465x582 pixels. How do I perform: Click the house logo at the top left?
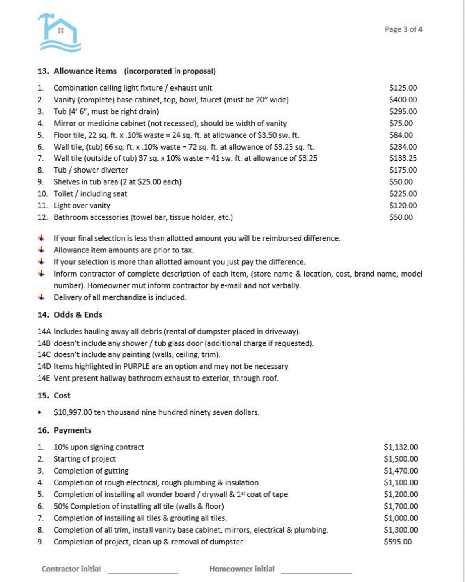tap(59, 33)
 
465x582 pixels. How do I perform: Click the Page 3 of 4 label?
tap(403, 29)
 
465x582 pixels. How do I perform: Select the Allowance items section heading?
tap(85, 71)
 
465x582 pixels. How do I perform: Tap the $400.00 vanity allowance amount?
tap(403, 100)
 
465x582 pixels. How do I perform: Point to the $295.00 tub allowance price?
tap(403, 111)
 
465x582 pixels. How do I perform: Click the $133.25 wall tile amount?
tap(403, 158)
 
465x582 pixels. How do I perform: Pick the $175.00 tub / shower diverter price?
tap(403, 170)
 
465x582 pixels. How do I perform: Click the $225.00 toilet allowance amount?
tap(403, 194)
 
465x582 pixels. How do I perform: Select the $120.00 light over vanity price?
tap(403, 206)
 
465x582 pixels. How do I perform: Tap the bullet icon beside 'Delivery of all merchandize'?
tap(41, 297)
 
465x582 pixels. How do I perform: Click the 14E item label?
tap(44, 378)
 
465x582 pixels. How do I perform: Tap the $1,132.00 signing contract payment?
tap(401, 447)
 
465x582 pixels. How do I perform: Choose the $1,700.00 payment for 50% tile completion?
tap(401, 506)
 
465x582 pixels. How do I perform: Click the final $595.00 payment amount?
tap(397, 542)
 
